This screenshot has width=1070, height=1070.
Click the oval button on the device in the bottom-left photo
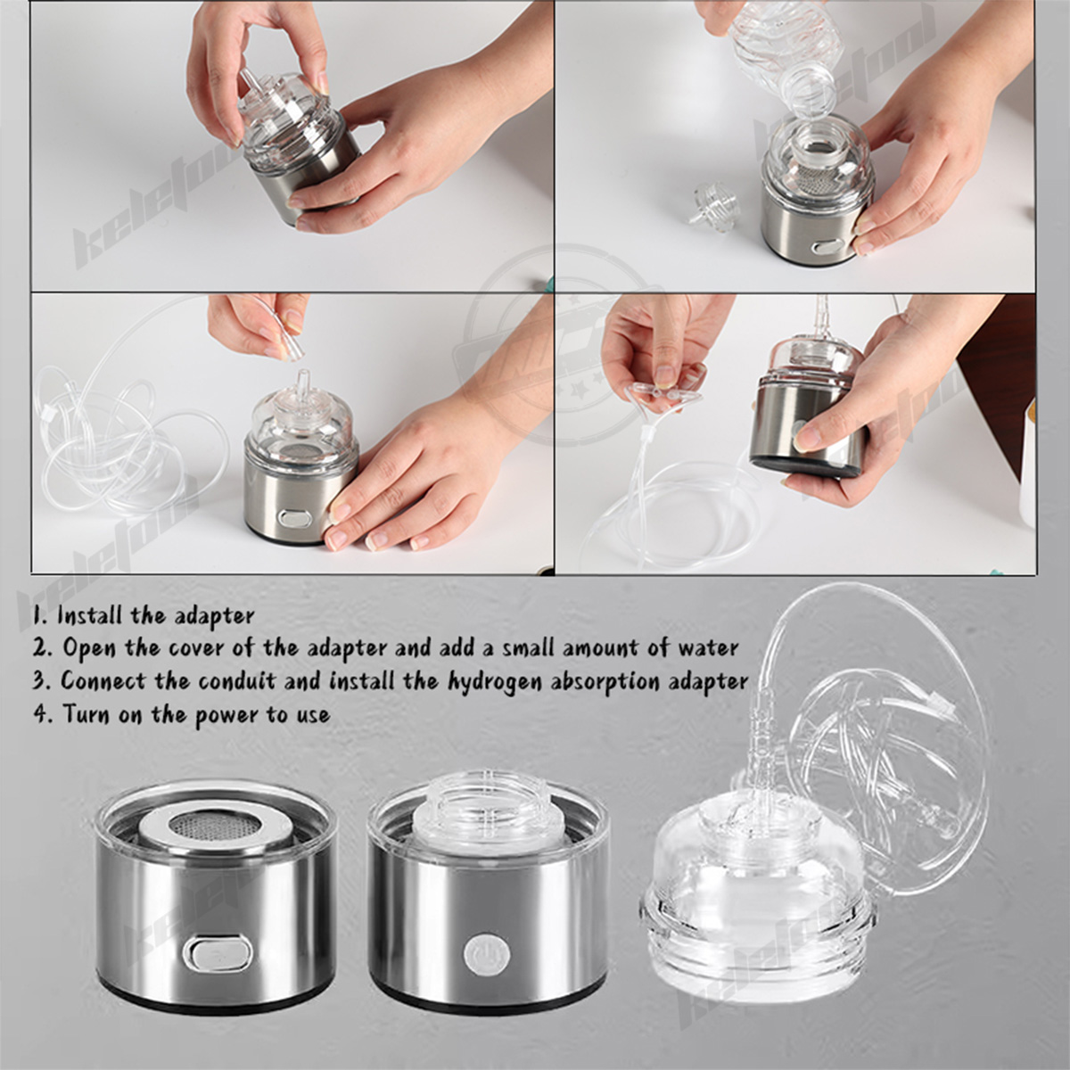point(293,518)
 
